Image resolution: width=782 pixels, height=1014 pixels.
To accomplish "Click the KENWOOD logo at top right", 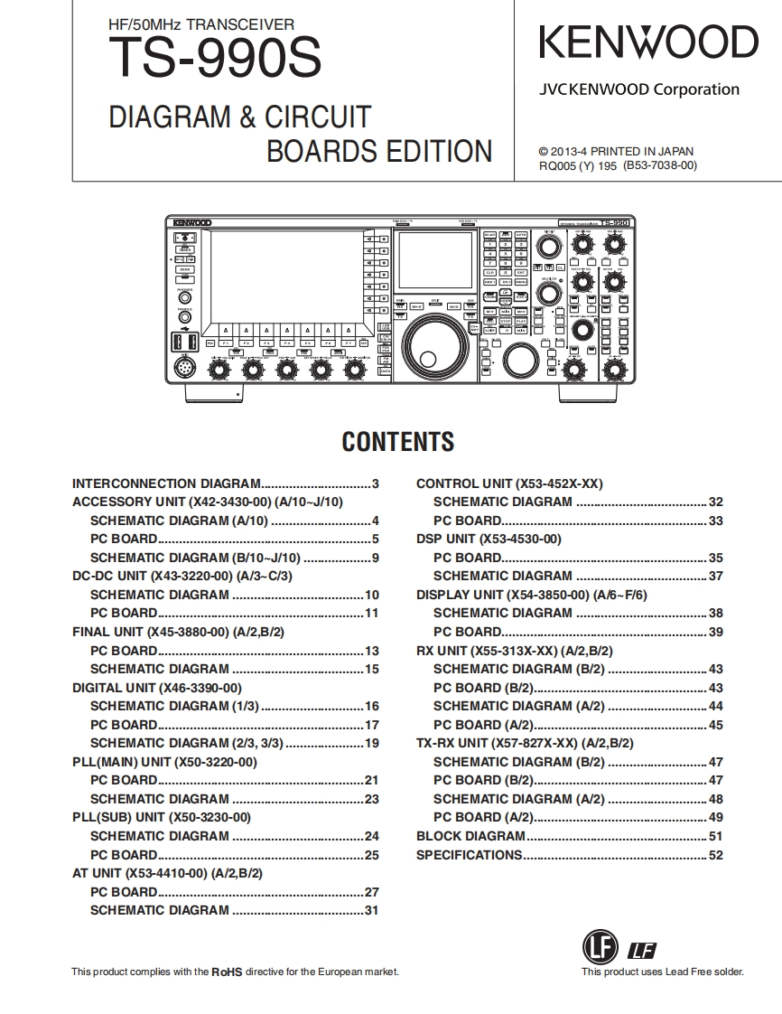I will [648, 42].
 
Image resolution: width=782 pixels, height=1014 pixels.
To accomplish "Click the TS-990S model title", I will [214, 61].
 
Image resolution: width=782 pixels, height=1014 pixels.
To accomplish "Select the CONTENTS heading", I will [397, 442].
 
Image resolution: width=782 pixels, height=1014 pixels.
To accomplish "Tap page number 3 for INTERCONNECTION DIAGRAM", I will [375, 484].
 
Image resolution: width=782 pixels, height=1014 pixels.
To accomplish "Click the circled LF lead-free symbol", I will [598, 947].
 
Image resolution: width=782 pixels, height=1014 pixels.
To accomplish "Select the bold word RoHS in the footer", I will [227, 972].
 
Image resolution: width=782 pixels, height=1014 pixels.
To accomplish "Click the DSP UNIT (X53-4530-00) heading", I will [489, 539].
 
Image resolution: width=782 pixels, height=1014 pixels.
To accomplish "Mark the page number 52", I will [715, 855].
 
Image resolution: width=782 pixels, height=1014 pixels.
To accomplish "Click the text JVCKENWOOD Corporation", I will [639, 89].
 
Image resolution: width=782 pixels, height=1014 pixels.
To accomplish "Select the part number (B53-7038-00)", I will [660, 166].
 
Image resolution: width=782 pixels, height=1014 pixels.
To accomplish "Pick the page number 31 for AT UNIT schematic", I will [371, 910].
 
